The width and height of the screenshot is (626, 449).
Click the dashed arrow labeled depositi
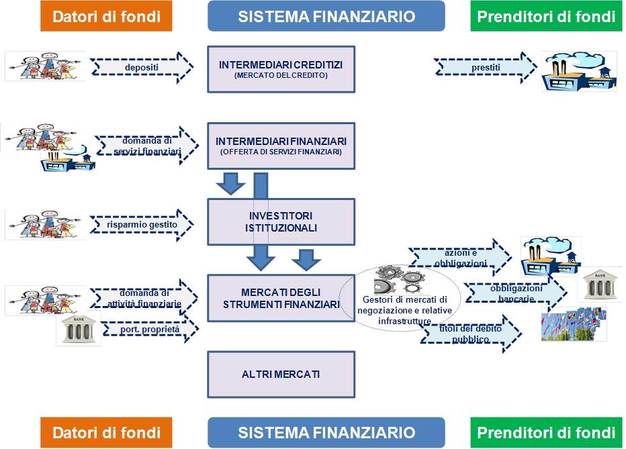[x=141, y=67]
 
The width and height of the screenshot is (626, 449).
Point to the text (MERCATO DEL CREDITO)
[x=281, y=76]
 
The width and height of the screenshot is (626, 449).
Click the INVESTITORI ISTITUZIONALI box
[x=281, y=222]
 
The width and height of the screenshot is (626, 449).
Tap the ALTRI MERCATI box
[x=281, y=374]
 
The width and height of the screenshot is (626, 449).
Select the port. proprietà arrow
[x=148, y=330]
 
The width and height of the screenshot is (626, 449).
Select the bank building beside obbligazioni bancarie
[x=598, y=285]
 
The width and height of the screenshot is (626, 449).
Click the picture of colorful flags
[x=574, y=324]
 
